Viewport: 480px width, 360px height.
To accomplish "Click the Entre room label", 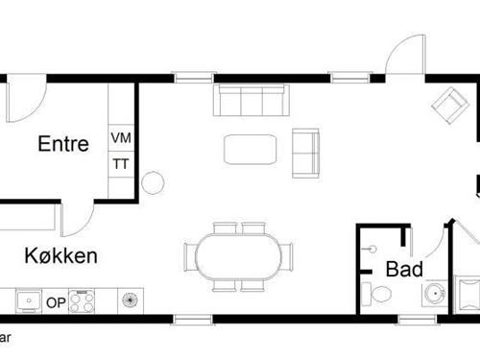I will click(x=63, y=145).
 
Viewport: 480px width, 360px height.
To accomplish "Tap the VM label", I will click(x=121, y=138).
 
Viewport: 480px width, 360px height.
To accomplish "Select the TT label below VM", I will click(x=121, y=164).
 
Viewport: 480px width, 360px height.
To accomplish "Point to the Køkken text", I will click(x=60, y=256).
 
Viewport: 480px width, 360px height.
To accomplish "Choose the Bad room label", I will click(x=404, y=270).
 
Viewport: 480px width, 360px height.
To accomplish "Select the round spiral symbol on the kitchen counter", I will click(x=129, y=301).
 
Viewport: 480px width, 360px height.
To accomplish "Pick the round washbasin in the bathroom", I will click(x=435, y=293).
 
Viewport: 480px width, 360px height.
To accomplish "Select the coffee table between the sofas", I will click(x=251, y=149).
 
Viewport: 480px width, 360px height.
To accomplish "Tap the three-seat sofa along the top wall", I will click(x=250, y=99).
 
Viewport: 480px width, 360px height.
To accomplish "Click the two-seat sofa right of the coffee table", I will click(x=305, y=152).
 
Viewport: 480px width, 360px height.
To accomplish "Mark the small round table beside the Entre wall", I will click(x=153, y=181).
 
